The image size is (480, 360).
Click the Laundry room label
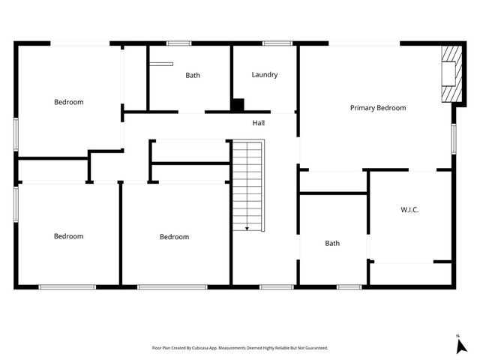coord(265,75)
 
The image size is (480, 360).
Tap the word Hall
coord(258,123)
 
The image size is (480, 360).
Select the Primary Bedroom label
coord(378,108)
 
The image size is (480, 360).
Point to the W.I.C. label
coord(409,210)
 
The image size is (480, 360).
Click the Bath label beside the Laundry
coord(193,75)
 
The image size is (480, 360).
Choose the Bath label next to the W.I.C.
coord(332,243)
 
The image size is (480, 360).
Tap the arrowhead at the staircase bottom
coord(247,228)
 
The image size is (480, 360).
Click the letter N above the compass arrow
coord(457,335)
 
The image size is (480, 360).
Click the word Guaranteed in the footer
coord(313,348)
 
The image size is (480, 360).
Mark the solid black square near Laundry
coord(238,106)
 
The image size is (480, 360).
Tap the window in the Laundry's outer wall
coord(277,43)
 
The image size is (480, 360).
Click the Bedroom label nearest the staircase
coord(174,237)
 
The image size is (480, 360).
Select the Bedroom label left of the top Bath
coord(68,102)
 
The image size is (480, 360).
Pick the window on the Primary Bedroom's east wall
coord(454,139)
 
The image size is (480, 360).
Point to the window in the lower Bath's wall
coord(349,286)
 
